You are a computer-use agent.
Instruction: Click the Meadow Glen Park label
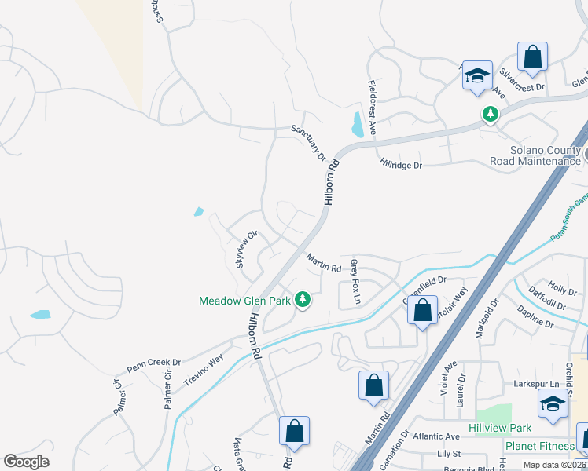(245, 301)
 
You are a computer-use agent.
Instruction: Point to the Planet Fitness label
(539, 446)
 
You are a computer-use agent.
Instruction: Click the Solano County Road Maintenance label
(535, 155)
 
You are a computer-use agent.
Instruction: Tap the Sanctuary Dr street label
(308, 143)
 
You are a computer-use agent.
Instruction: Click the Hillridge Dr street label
(401, 165)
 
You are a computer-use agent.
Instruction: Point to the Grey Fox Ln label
(355, 282)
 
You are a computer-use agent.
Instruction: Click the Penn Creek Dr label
(154, 366)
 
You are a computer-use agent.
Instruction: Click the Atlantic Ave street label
(440, 436)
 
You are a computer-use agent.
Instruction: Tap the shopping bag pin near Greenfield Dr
(423, 310)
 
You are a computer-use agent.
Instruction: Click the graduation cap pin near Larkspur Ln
(553, 403)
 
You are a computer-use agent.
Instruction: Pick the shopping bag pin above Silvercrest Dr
(532, 57)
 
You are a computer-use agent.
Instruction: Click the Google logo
(26, 462)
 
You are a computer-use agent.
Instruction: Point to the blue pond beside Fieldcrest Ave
(358, 124)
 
